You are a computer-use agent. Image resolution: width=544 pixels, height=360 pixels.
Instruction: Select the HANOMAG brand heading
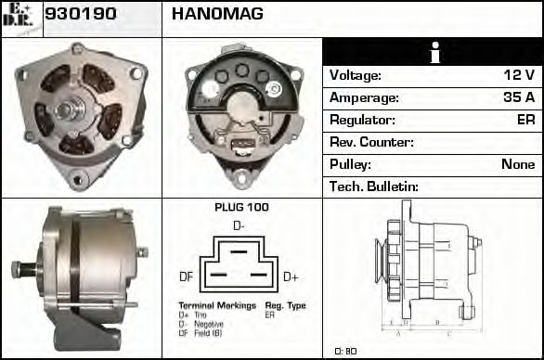[x=217, y=14]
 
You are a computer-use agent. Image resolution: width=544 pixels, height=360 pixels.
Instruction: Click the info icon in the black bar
[x=433, y=52]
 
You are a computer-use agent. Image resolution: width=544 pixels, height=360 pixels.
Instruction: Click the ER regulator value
[x=525, y=120]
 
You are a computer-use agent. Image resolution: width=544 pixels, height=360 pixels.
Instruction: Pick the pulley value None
[x=517, y=164]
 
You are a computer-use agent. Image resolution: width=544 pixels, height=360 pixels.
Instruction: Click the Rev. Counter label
[x=371, y=142]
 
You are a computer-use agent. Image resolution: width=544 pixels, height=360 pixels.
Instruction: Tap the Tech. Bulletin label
[x=374, y=186]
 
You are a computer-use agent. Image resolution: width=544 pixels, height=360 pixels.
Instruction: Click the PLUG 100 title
[x=241, y=207]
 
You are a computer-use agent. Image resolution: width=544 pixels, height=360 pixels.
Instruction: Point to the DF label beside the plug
[x=186, y=276]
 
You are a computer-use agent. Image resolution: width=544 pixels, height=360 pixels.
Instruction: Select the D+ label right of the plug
[x=291, y=276]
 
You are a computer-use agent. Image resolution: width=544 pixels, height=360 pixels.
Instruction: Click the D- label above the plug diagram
[x=239, y=225]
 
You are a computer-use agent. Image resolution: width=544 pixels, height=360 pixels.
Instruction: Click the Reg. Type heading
[x=285, y=304]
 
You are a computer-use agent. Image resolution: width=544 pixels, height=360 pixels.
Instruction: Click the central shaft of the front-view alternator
[x=71, y=109]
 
